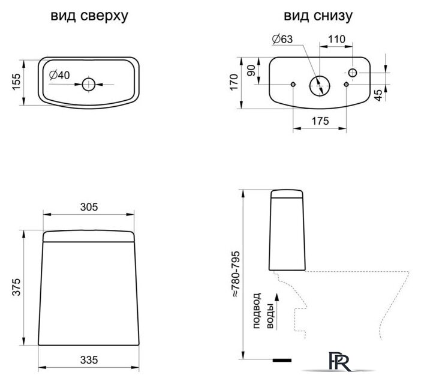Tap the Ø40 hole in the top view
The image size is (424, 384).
click(88, 83)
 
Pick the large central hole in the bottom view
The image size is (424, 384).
click(320, 85)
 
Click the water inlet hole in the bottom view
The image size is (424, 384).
click(353, 73)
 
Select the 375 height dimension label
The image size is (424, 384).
click(17, 288)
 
